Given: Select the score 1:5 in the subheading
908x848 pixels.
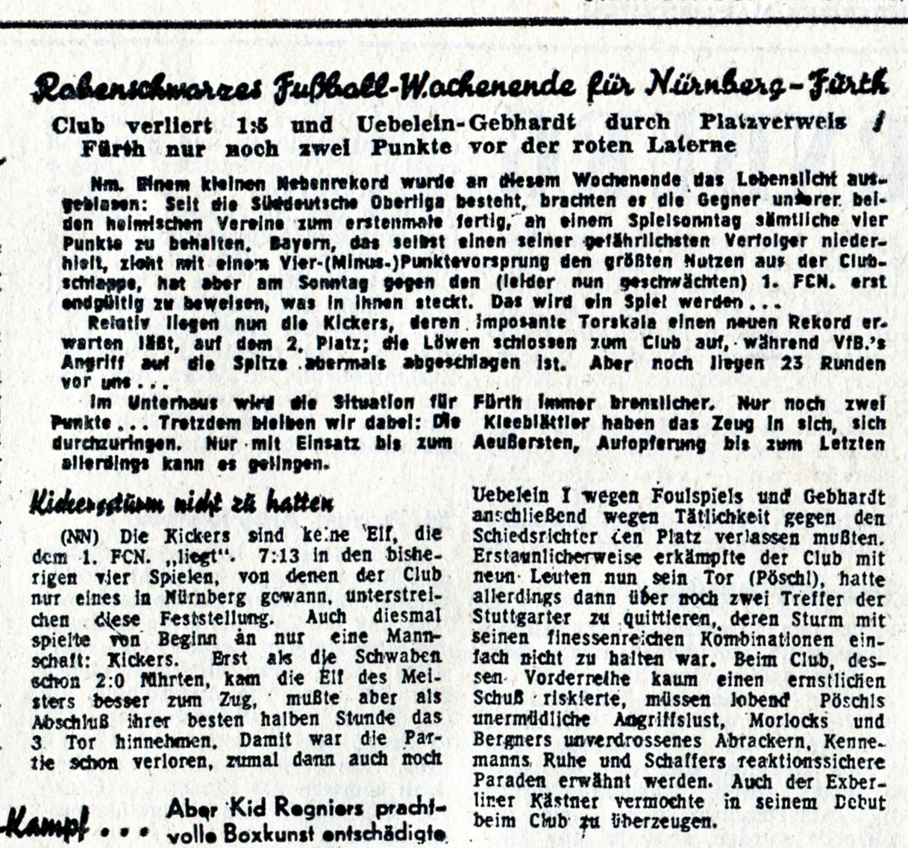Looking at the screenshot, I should coord(251,125).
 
